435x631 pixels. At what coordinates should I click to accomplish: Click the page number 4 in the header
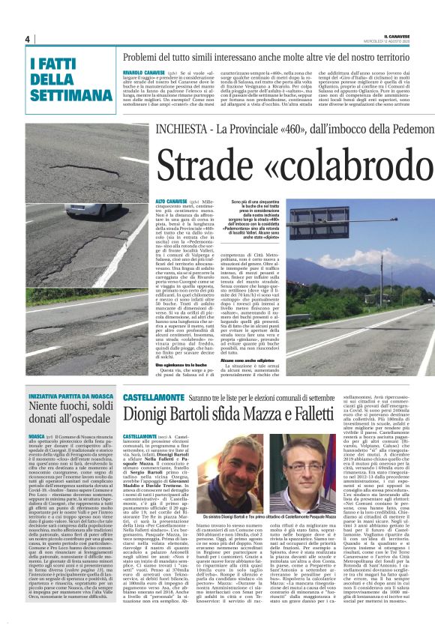point(26,39)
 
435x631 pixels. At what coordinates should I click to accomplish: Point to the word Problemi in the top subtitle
point(142,58)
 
